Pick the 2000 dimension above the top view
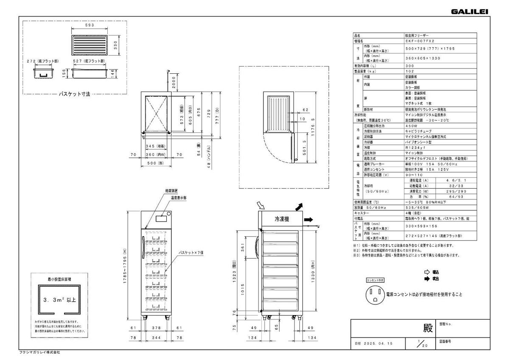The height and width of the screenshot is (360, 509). pos(174,84)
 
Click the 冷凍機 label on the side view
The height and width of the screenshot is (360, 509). pos(282,220)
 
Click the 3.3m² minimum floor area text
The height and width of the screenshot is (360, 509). pos(59,300)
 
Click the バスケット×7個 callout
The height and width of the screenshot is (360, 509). pos(191,251)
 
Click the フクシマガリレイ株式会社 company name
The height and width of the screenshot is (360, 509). pos(40,352)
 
